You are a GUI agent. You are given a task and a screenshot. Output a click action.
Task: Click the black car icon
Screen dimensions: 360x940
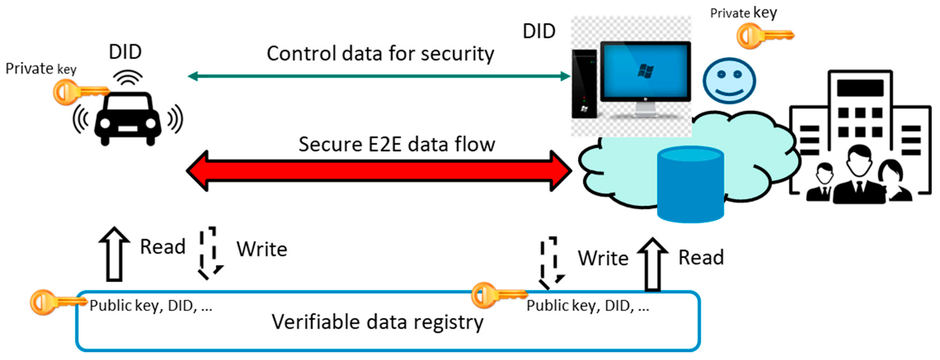coord(128,119)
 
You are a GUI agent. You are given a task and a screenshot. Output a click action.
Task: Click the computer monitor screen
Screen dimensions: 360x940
coord(645,71)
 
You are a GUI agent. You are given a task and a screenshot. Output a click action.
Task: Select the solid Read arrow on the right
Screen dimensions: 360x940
coord(652,265)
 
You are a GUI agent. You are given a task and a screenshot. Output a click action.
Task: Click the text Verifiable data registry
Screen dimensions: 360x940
coord(378,322)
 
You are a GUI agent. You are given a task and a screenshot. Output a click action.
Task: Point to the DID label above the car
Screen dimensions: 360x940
coord(125,52)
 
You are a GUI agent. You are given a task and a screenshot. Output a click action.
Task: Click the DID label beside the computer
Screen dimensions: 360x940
coord(539,31)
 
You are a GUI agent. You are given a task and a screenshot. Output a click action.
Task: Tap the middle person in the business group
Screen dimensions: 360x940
coord(859,175)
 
